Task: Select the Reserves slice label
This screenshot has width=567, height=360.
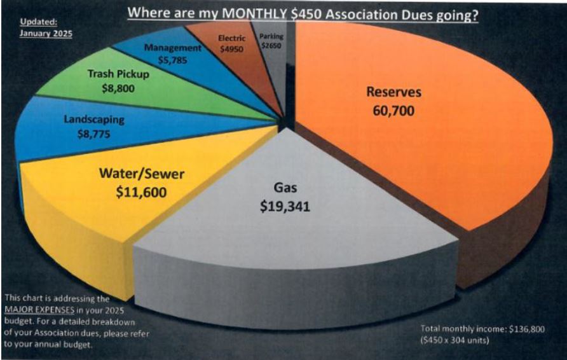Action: [x=393, y=92]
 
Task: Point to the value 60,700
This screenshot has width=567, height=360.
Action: [x=394, y=111]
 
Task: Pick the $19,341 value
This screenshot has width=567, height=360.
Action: [x=285, y=207]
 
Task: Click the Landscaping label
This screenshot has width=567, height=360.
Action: [x=94, y=120]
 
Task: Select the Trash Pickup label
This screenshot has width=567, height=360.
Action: [x=118, y=74]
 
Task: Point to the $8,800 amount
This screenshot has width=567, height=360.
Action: [x=118, y=88]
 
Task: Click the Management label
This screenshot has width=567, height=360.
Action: [x=172, y=48]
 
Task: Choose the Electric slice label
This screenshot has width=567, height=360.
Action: [x=231, y=38]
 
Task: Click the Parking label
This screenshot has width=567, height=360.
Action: [x=271, y=36]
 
